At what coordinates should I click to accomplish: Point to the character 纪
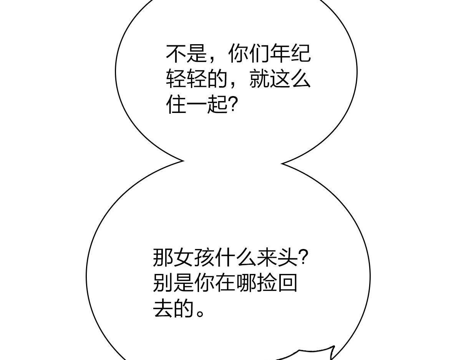(301, 53)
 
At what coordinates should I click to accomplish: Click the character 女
(184, 257)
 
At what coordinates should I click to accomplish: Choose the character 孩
(204, 257)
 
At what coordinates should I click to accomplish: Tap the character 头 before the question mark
(287, 257)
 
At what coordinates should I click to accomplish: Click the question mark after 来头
(302, 257)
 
